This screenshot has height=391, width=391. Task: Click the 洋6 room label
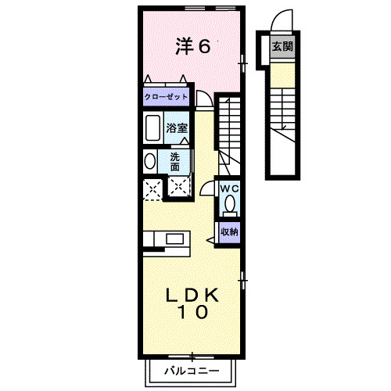click(x=192, y=46)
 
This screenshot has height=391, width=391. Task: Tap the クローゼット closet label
click(x=166, y=97)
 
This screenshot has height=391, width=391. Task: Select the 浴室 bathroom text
click(x=176, y=127)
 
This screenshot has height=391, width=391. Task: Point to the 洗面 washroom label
click(x=175, y=161)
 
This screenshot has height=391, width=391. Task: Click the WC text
click(x=228, y=188)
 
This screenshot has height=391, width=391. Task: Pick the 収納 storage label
click(x=228, y=231)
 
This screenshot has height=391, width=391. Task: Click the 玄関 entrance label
click(x=282, y=46)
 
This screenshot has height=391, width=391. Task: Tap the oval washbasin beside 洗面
click(x=149, y=161)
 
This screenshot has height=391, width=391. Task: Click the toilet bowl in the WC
click(x=229, y=204)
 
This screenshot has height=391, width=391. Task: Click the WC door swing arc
click(x=207, y=188)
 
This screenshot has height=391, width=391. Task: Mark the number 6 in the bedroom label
click(x=204, y=46)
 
